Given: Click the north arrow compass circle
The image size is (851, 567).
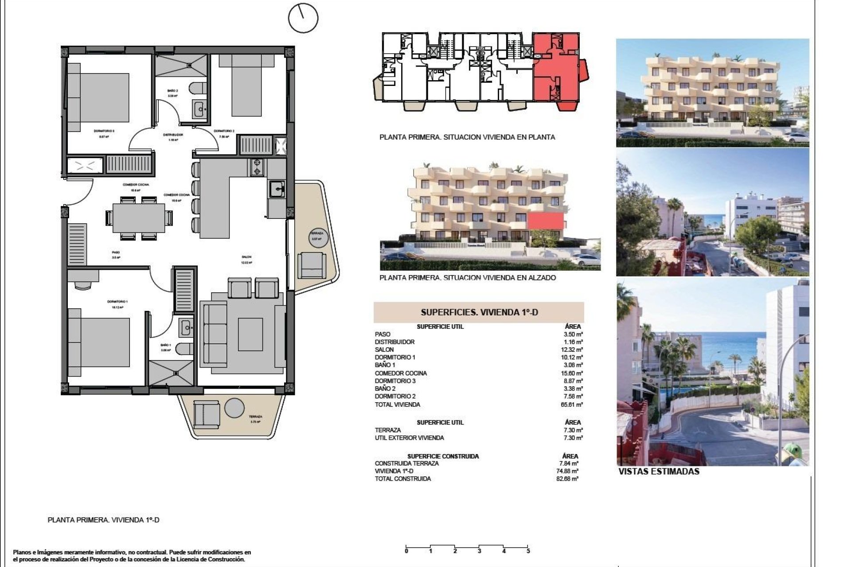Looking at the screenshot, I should pyautogui.click(x=303, y=18).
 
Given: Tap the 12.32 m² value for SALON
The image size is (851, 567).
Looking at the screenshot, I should pyautogui.click(x=573, y=350).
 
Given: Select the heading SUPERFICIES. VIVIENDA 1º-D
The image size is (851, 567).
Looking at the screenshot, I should pyautogui.click(x=479, y=312).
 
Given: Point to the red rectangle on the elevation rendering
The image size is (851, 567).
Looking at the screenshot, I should pyautogui.click(x=545, y=221).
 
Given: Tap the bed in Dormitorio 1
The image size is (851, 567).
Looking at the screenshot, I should pyautogui.click(x=100, y=342).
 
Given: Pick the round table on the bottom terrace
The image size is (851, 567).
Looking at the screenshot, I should pyautogui.click(x=234, y=408).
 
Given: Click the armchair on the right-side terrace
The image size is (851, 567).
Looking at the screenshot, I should pyautogui.click(x=312, y=264).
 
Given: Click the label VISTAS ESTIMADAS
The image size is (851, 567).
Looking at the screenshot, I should pyautogui.click(x=659, y=472).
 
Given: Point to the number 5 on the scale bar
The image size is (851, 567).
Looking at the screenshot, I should pyautogui.click(x=528, y=551).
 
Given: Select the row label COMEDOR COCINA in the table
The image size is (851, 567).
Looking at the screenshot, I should pyautogui.click(x=401, y=373).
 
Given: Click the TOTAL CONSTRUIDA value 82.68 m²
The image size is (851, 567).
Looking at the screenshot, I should pyautogui.click(x=569, y=479).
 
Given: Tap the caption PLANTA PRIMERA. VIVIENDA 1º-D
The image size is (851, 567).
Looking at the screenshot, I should pyautogui.click(x=103, y=520).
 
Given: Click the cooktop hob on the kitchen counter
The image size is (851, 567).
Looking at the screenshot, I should pyautogui.click(x=257, y=167).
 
